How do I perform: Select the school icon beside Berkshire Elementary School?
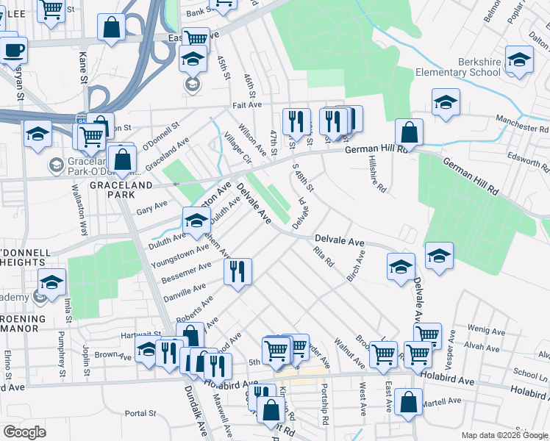519,60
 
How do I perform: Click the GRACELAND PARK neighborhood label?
113,190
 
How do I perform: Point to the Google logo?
24,432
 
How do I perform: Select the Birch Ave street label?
355,266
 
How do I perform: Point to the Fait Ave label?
248,106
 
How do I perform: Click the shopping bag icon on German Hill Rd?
410,132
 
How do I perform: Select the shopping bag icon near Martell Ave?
408,402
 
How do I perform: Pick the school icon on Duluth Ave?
196,221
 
